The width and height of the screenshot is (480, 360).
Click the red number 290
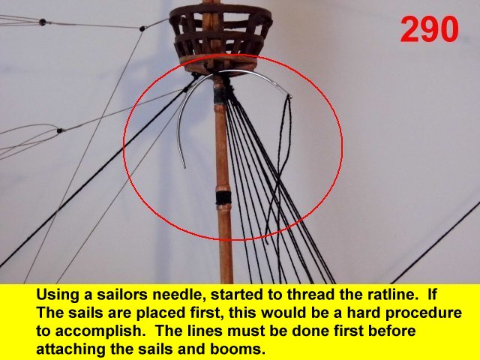point(429,29)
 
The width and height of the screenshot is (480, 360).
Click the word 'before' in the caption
point(388,331)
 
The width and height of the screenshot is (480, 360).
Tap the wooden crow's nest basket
point(220,35)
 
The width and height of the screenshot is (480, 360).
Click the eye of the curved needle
point(289,97)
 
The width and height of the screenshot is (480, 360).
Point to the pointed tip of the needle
point(184,166)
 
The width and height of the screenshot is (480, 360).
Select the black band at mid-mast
point(223,198)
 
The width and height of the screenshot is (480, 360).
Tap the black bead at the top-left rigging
point(43,22)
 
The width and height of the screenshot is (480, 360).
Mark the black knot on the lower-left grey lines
point(60,130)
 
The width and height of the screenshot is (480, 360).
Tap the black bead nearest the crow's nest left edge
point(142,28)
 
